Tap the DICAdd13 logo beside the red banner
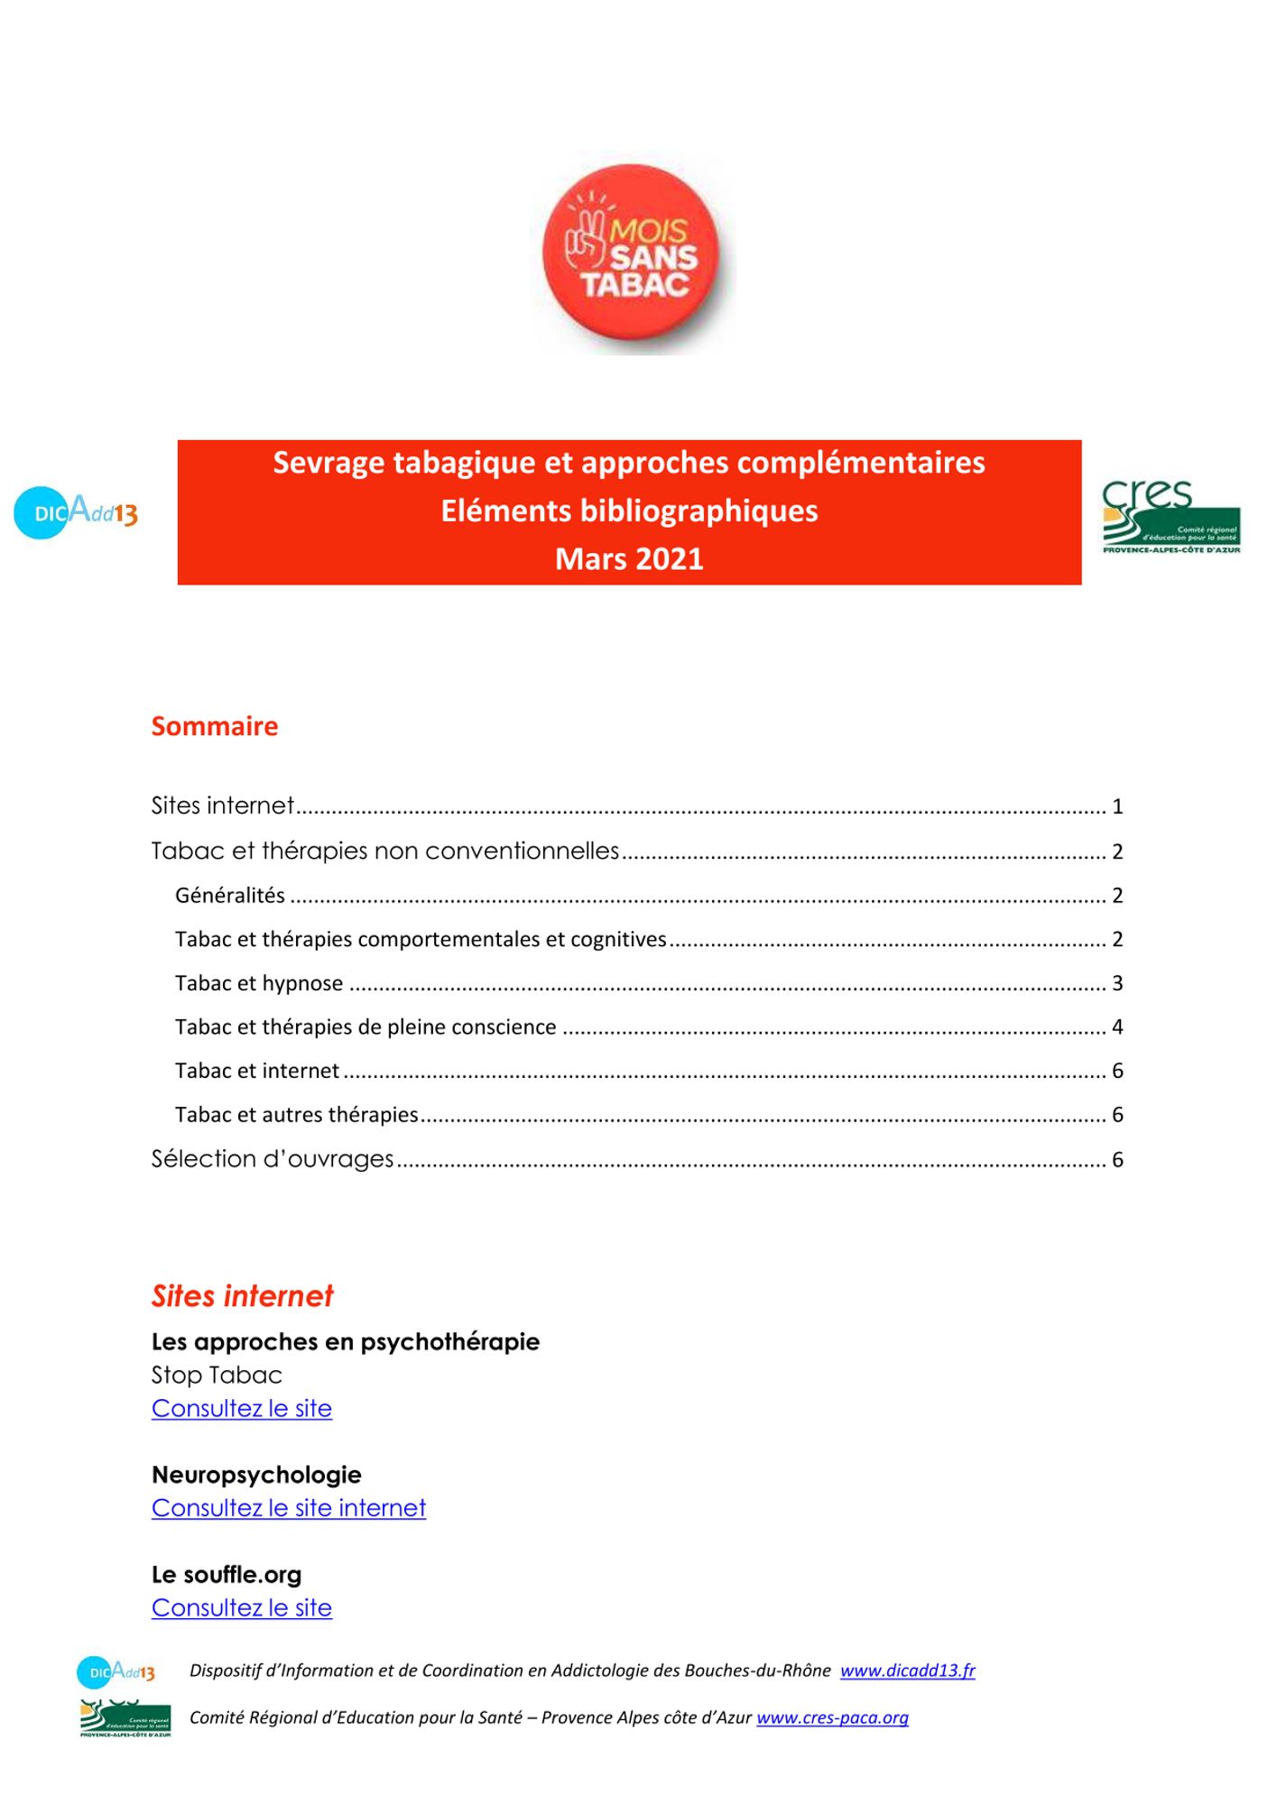[76, 512]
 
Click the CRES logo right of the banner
[1171, 517]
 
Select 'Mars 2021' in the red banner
[629, 559]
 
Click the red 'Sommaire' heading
[215, 726]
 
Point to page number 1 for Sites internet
[1117, 806]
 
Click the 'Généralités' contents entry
[230, 896]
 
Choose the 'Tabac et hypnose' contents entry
[259, 983]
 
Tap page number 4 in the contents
[1117, 1027]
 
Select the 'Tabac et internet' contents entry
[257, 1071]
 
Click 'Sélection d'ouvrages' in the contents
[273, 1159]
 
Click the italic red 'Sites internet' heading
[242, 1296]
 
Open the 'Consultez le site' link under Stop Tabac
[242, 1409]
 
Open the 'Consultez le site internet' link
[289, 1508]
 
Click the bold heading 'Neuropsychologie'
[256, 1475]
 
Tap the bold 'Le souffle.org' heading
[227, 1575]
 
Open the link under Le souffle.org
[242, 1608]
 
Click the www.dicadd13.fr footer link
[907, 1671]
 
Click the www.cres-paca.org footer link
[832, 1717]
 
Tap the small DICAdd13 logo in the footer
[116, 1672]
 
